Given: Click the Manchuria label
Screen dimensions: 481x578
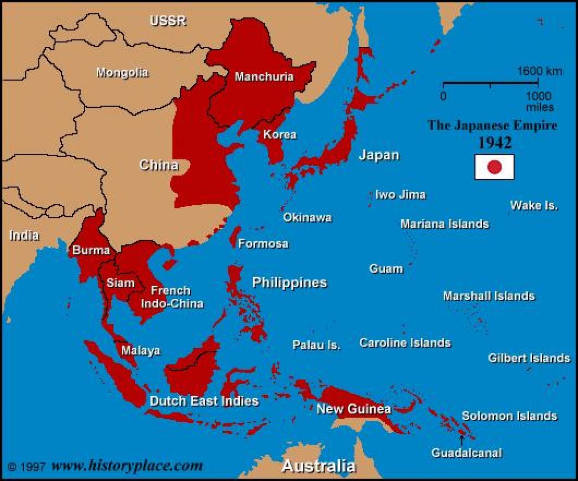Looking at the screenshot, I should click(x=264, y=77).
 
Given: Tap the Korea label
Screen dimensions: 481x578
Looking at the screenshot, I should click(x=279, y=134).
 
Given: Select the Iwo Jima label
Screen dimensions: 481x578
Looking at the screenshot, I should click(x=400, y=195).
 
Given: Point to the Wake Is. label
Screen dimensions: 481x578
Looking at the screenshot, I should click(x=534, y=206).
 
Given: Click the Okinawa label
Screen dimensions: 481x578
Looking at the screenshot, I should click(x=307, y=217).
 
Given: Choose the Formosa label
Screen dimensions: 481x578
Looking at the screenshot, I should click(x=263, y=244).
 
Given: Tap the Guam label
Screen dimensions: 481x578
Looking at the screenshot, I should click(x=386, y=268).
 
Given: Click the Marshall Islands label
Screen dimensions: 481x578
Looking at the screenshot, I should click(x=488, y=296).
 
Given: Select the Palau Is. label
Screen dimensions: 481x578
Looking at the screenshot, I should click(x=316, y=345).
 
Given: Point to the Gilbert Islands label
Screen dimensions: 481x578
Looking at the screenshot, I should click(x=529, y=358).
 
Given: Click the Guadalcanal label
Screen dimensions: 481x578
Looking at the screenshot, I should click(x=466, y=453).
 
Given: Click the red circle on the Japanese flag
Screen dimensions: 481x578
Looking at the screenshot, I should click(x=495, y=167).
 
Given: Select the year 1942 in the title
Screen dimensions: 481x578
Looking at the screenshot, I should click(x=494, y=143).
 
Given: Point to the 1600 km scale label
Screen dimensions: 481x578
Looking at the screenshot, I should click(x=539, y=72).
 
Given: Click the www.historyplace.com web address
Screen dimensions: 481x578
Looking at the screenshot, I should click(x=127, y=466).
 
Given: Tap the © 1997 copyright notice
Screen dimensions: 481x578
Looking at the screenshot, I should click(x=27, y=467).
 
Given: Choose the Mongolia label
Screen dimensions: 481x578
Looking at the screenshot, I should click(x=122, y=73).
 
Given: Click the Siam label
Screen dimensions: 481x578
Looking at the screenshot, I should click(x=120, y=283).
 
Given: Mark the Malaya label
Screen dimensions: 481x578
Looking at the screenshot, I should click(x=140, y=350).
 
